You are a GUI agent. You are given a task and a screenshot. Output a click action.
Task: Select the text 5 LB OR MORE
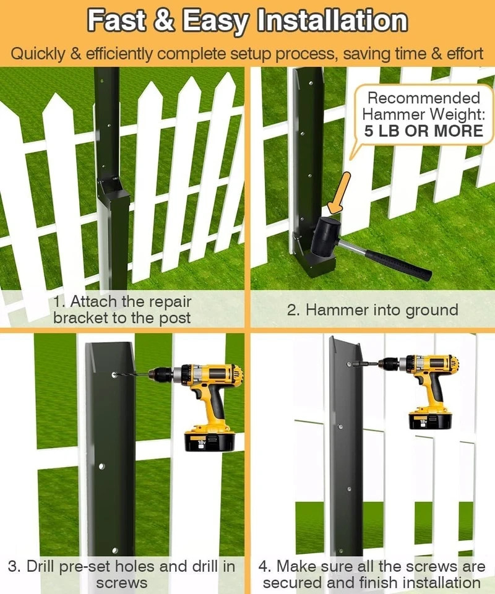(423, 131)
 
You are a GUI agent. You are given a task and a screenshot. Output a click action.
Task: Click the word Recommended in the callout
(423, 98)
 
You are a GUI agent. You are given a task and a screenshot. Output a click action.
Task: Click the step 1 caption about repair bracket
(122, 310)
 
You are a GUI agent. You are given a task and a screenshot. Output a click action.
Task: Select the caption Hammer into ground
(372, 310)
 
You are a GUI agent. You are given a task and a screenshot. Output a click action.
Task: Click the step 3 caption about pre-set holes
(122, 574)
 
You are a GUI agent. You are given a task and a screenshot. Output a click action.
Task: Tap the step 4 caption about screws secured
(372, 574)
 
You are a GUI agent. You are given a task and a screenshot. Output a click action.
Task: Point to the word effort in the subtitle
(462, 53)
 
